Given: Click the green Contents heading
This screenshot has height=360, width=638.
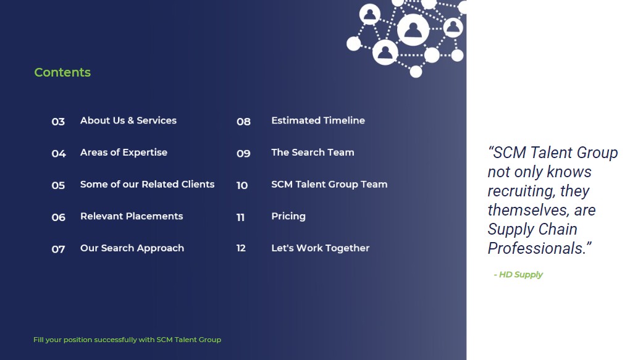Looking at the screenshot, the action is (62, 72).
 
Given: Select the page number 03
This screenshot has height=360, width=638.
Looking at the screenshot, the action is (58, 122).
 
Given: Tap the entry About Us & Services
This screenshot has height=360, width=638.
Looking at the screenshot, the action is (128, 120).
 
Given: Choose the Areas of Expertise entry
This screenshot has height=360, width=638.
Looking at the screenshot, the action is (124, 153).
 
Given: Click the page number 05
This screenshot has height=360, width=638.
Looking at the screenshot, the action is (58, 185).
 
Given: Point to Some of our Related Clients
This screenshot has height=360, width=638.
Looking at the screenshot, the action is (147, 184).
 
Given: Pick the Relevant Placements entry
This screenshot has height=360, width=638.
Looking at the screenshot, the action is (132, 216).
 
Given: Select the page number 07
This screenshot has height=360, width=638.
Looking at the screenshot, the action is (58, 249).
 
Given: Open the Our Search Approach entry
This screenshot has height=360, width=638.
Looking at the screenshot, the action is (132, 248).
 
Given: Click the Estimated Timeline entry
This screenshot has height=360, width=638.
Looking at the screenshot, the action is (318, 120).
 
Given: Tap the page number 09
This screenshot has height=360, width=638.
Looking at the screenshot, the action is (243, 154).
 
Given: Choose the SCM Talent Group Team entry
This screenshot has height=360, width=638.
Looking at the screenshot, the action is (329, 184).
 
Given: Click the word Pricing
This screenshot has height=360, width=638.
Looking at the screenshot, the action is (288, 216).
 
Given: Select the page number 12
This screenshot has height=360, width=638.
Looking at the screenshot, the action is (241, 248).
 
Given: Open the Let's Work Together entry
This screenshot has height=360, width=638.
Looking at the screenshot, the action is (320, 248).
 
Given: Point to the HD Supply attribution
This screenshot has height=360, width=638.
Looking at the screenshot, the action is (518, 275).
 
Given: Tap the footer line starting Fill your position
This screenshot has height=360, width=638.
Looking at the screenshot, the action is (127, 340).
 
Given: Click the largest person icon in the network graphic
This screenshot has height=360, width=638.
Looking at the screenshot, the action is (413, 30).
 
